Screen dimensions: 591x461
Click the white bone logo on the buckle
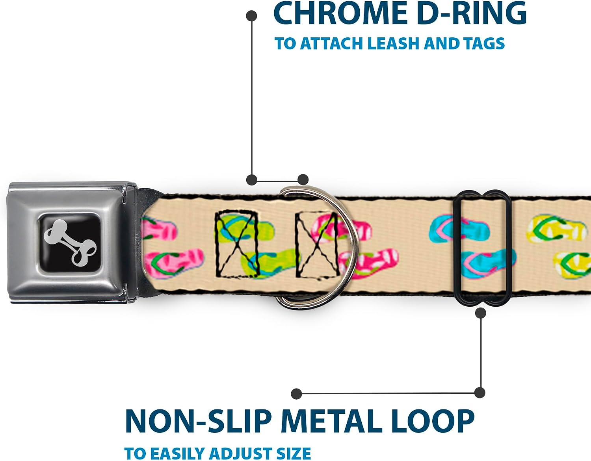pos(70,242)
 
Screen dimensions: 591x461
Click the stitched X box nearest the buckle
pos(237,244)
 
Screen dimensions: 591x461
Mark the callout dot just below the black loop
pos(481,313)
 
